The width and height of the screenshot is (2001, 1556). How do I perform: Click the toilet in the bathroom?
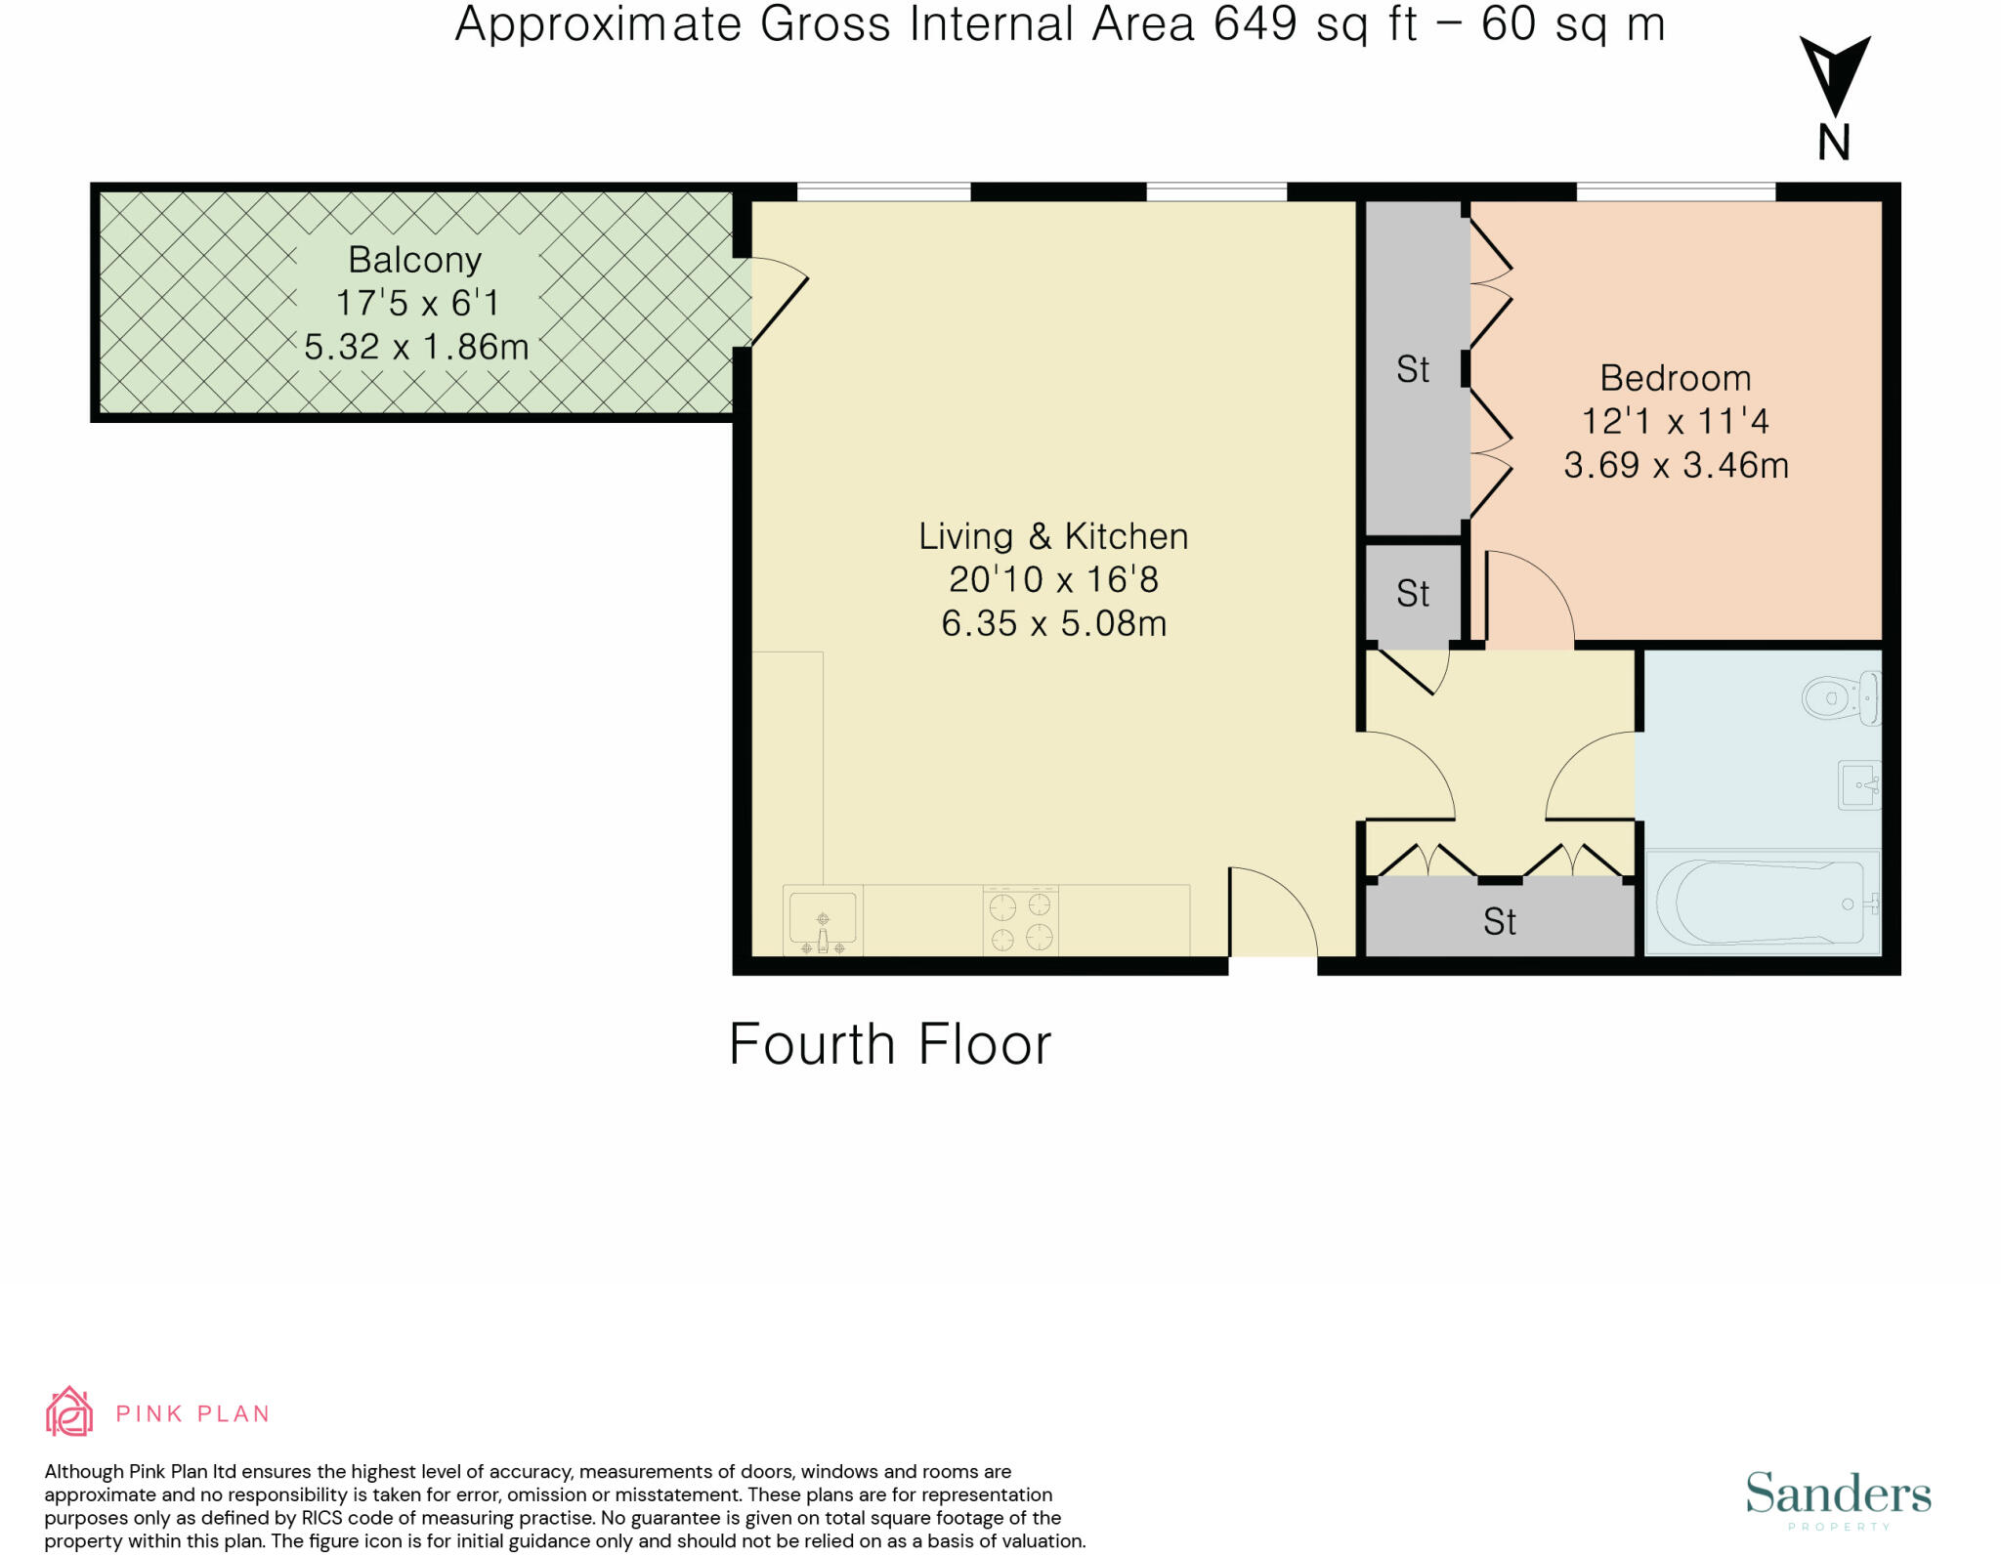pos(1842,697)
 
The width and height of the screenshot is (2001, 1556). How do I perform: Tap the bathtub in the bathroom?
pos(1764,903)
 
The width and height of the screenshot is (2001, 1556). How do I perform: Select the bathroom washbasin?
pos(1859,784)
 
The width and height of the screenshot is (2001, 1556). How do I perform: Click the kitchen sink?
pos(823,919)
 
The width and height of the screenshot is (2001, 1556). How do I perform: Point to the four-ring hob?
pos(1021,920)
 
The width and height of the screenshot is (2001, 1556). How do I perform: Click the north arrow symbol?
pos(1835,98)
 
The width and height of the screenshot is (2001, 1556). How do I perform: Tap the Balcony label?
pos(415,260)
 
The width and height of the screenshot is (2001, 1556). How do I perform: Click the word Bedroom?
pos(1675,378)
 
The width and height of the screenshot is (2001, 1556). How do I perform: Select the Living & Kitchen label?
pos(1053,536)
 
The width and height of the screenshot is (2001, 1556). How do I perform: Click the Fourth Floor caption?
pos(890,1044)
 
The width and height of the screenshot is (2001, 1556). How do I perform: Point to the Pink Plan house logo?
pos(69,1411)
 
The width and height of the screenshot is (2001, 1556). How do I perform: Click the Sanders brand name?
pos(1838,1494)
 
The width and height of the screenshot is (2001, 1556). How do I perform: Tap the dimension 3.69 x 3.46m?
pos(1676,465)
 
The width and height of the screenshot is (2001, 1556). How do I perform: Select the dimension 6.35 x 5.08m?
pos(1053,623)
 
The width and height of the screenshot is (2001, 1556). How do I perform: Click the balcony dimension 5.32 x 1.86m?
pos(416,347)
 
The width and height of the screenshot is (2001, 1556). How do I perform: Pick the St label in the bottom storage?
pos(1500,922)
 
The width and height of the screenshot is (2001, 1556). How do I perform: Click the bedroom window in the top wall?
pos(1676,191)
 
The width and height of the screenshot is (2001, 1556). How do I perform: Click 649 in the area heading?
pos(1256,24)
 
